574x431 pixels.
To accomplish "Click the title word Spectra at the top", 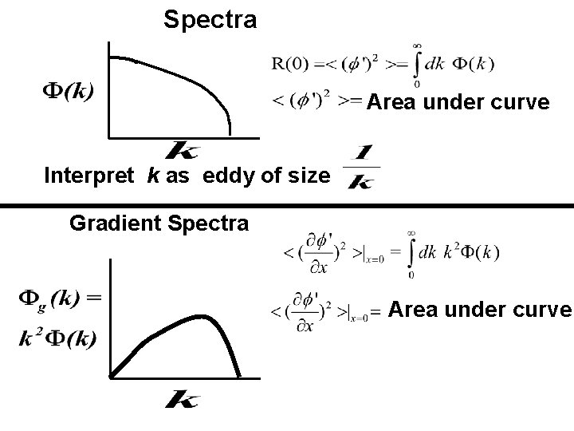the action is click(x=210, y=19).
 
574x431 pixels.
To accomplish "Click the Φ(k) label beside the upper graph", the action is click(x=66, y=90).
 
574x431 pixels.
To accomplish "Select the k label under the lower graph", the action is click(x=182, y=398).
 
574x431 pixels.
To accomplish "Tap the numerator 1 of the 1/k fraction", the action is click(x=364, y=152).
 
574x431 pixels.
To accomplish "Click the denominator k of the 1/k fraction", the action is click(x=363, y=181).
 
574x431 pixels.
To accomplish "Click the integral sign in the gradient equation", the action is click(x=411, y=254).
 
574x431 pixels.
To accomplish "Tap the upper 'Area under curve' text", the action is click(x=458, y=103).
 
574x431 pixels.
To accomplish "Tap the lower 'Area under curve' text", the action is click(x=480, y=310).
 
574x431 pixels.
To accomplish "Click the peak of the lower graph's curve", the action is click(x=206, y=318).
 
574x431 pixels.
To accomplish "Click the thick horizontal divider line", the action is click(x=287, y=207).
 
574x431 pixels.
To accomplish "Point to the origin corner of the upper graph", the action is click(x=108, y=138).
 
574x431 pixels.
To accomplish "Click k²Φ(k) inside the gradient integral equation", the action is click(x=470, y=253).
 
